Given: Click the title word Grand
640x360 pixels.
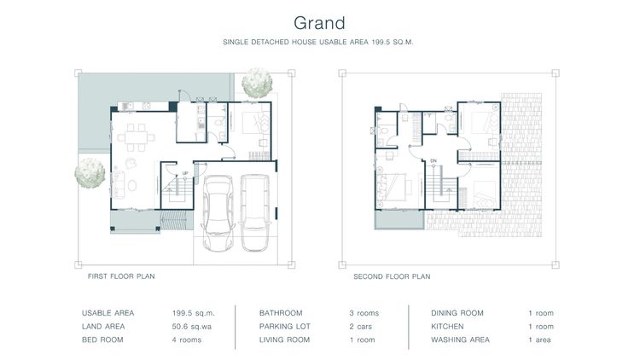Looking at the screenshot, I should click(319, 20).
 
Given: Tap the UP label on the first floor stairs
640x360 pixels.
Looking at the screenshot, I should click(184, 174).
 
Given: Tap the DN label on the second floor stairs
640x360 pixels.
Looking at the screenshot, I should click(433, 161).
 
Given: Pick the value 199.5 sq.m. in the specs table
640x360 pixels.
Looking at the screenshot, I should click(191, 313).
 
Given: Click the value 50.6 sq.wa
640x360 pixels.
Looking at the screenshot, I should click(190, 327).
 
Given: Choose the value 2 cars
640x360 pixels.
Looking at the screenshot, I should click(362, 327).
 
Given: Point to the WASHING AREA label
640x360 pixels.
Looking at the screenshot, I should click(461, 340).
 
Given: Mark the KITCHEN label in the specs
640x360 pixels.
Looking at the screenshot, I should click(448, 327).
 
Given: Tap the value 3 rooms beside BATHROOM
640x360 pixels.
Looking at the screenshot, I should click(364, 313).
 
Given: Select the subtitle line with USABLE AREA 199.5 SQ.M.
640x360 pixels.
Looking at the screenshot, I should click(319, 41).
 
